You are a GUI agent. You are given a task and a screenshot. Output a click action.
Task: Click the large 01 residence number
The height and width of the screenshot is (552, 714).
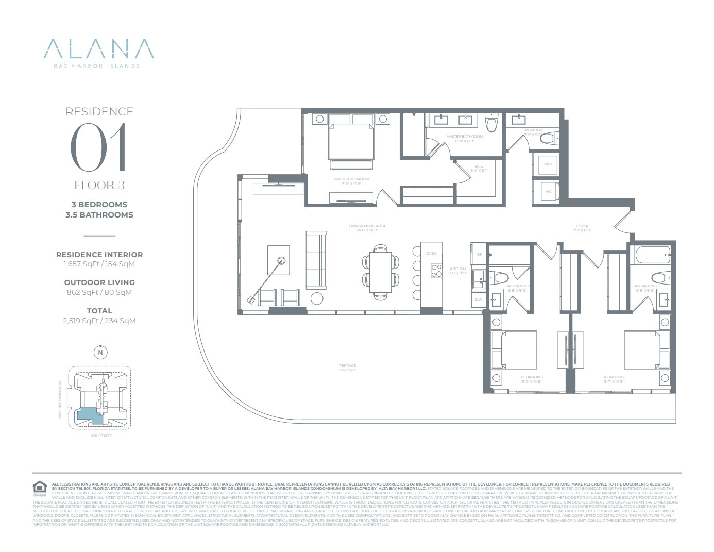pos(98,148)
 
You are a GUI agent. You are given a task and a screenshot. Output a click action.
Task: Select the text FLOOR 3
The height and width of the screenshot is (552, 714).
pos(99,186)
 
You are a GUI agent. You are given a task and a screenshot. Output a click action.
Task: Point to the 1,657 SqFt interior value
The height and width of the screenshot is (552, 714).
pos(99,264)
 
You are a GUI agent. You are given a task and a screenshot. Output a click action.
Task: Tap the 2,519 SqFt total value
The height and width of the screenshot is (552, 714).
pos(99,321)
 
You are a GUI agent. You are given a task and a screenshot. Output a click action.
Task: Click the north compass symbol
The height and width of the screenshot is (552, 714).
pos(100,353)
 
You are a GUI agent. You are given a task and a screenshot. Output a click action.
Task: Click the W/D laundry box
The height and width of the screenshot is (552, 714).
pos(547,164)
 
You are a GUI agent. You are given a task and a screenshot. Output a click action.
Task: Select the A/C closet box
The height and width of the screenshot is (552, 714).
pos(548,192)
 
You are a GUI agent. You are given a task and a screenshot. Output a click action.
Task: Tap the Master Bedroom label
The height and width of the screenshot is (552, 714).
pos(351,179)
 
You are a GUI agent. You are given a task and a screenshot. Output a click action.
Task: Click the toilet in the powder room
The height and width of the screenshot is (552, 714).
pos(549,138)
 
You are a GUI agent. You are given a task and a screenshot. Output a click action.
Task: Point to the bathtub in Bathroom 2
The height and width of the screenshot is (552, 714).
pos(653,253)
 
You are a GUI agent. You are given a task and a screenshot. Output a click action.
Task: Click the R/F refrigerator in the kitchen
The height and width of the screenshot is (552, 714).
pos(479,254)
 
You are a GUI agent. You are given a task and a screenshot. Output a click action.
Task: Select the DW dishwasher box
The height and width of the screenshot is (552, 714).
pos(479,299)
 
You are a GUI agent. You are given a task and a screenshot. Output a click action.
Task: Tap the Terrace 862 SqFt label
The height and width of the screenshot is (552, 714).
pos(348,367)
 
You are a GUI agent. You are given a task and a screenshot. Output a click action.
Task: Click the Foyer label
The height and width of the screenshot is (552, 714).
pos(582,226)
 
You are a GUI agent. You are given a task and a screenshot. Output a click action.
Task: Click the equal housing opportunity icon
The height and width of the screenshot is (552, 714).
pos(40,487)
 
